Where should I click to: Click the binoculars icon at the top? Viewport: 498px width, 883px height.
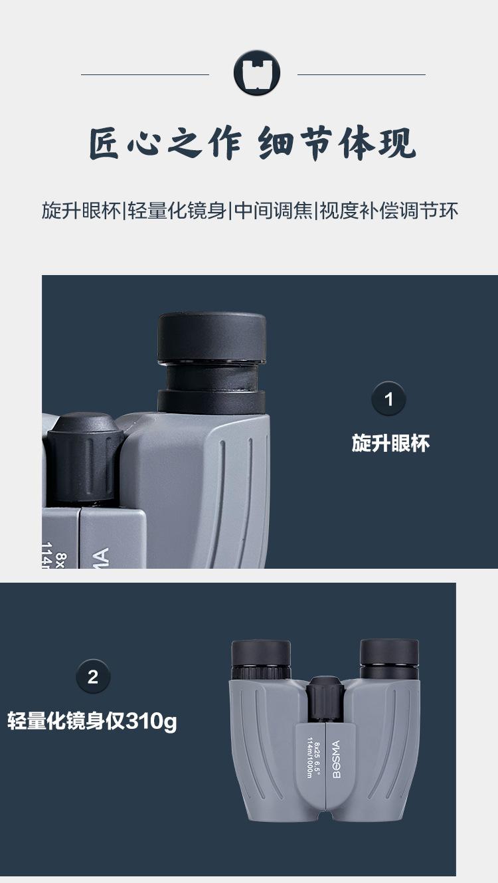257,72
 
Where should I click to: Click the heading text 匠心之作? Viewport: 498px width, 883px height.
165,143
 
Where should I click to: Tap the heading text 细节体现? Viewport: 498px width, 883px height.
337,143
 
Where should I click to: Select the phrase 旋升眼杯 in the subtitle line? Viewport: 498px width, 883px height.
82,211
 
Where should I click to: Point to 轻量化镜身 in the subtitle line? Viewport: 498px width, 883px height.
177,211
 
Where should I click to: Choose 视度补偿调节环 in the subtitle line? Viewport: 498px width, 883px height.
389,211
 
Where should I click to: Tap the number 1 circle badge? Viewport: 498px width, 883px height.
388,399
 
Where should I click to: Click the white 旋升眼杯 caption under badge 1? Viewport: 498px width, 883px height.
390,443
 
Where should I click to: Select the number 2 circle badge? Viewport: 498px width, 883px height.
93,677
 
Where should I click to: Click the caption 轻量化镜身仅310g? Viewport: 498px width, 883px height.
92,721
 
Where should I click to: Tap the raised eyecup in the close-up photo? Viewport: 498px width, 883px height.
212,362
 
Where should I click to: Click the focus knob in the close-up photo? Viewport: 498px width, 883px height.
85,459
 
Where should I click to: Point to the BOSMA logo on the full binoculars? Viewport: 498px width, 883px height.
337,759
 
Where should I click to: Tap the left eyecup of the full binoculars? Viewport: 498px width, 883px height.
261,658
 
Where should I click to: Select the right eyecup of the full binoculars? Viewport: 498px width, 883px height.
389,657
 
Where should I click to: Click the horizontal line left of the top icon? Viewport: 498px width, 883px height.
145,74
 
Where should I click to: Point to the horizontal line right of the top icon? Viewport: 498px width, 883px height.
361,74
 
